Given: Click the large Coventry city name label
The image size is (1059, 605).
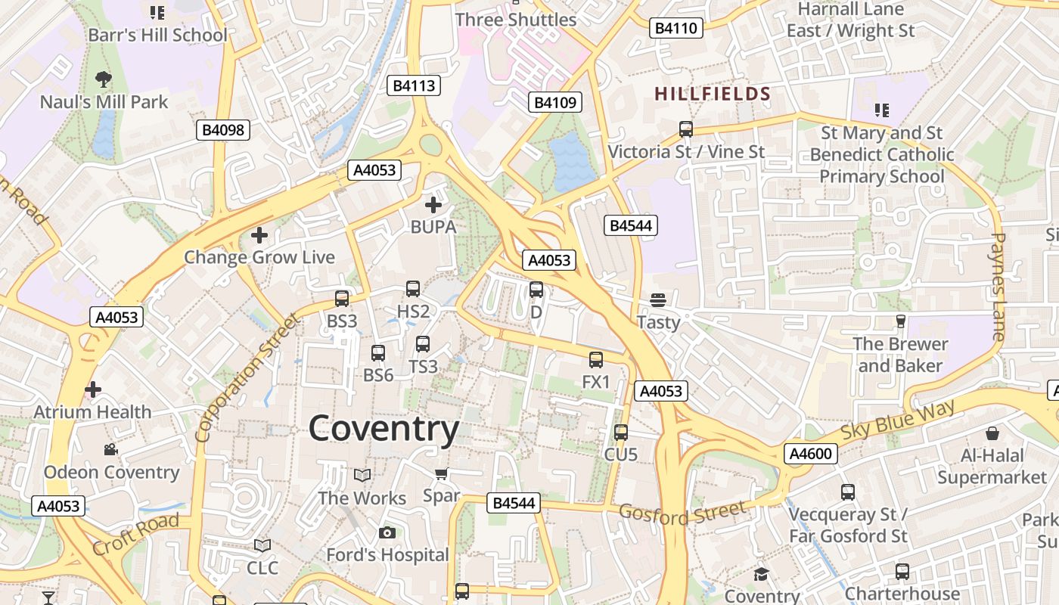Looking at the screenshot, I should point(384,429).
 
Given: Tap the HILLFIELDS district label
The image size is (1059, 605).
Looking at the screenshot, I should point(713,94).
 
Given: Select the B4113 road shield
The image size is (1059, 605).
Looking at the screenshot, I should point(414,85).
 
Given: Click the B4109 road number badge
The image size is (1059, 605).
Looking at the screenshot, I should point(555,102).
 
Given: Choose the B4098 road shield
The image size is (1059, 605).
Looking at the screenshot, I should point(223,130).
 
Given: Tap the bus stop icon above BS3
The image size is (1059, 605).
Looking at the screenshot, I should point(342,299).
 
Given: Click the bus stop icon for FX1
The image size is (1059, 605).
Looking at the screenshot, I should point(596,360).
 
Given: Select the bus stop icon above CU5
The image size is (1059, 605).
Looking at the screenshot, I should point(621,433).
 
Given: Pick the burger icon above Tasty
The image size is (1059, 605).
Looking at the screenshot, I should point(658,300).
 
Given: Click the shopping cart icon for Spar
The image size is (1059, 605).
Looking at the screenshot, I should point(441,474).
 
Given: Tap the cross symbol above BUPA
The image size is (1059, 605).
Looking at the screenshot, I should point(433,204).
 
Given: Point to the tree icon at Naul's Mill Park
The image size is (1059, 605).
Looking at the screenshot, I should point(104,78).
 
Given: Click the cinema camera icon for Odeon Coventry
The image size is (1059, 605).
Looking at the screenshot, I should point(111,450).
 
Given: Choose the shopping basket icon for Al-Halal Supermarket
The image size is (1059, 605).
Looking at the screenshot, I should point(992,433).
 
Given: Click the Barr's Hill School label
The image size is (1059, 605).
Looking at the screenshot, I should point(157,35).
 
